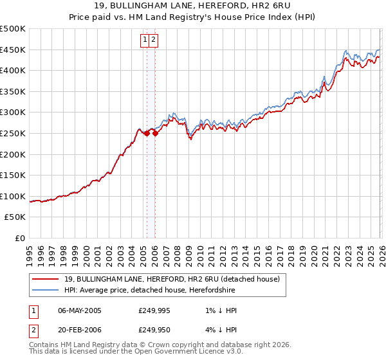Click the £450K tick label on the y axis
13,50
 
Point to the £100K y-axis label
13,196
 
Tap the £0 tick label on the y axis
20,238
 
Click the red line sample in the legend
46,279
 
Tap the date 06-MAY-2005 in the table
80,310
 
